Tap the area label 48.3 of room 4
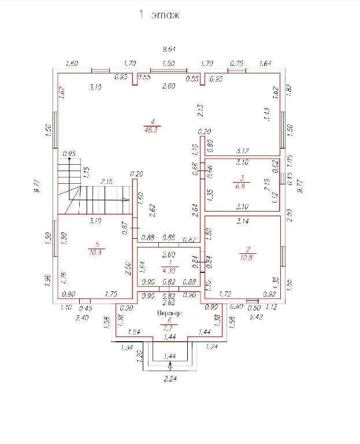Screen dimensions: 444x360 (x=152, y=131)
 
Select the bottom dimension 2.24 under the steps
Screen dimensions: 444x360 (x=170, y=379)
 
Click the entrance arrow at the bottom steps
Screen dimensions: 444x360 (x=170, y=365)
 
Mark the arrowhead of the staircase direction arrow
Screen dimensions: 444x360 (x=127, y=199)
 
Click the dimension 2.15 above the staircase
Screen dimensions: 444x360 (x=106, y=182)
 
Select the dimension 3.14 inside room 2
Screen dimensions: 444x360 (x=243, y=221)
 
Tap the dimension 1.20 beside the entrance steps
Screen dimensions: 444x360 (x=139, y=356)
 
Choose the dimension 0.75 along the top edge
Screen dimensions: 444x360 (x=236, y=64)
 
